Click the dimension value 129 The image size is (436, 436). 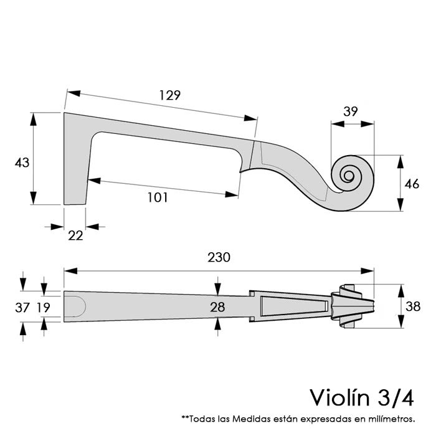169,95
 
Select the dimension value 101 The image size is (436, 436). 158,197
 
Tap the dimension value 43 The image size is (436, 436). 22,163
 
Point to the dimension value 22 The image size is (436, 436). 75,235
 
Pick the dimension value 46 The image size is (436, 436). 411,184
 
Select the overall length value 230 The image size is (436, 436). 219,257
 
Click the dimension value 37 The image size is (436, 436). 22,306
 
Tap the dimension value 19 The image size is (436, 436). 43,306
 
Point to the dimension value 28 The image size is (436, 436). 217,307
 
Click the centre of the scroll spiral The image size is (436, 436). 349,175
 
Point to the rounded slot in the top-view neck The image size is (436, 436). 75,306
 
